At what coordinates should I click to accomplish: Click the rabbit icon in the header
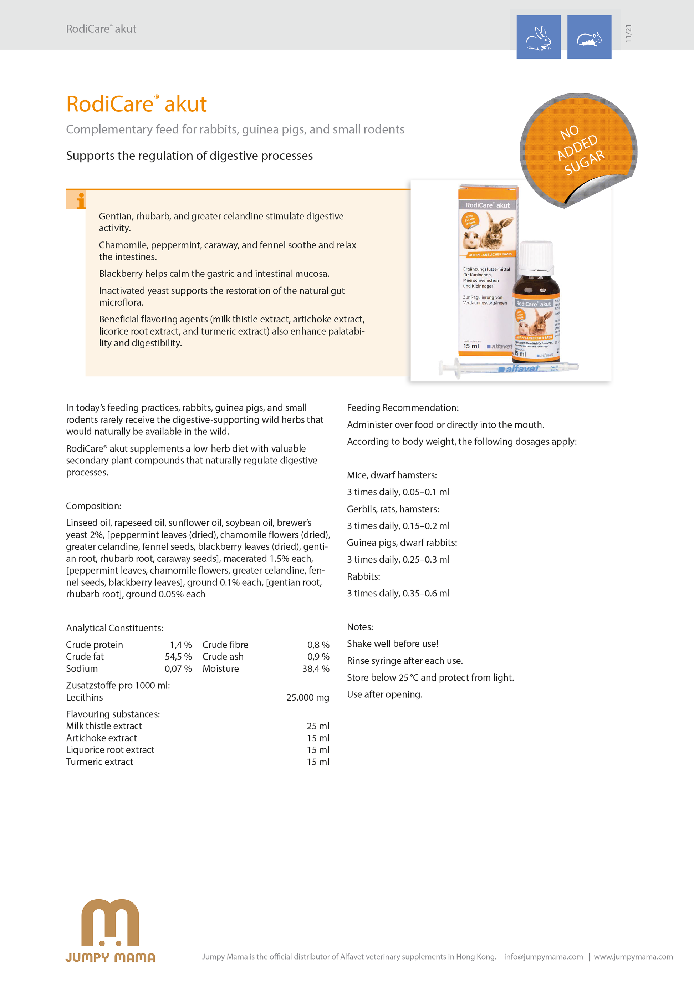[539, 37]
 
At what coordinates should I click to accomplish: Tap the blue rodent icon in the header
[589, 37]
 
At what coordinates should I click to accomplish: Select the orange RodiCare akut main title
[136, 104]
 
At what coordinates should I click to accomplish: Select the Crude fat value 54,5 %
[178, 657]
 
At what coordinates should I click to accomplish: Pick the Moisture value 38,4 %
[316, 668]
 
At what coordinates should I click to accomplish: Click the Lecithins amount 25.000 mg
[307, 698]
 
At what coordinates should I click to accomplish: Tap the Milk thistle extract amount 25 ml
[318, 726]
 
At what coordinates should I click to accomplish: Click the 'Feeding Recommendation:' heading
[402, 408]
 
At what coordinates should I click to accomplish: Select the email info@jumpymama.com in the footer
[543, 957]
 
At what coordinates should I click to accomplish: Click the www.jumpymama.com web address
[633, 957]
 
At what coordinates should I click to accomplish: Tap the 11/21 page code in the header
[628, 34]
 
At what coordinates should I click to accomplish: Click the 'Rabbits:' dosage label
[363, 576]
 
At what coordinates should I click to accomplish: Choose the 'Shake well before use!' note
[393, 644]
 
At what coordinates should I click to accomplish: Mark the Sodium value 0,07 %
[178, 668]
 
